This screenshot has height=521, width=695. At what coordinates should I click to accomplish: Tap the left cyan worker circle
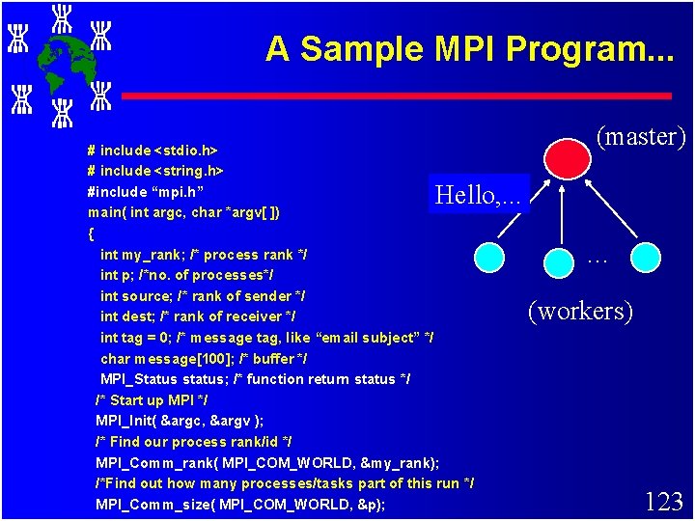(490, 257)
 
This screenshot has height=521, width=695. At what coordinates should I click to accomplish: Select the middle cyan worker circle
(561, 261)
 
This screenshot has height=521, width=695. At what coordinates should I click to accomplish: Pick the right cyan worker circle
(646, 257)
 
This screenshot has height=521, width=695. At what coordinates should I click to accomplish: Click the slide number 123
(663, 502)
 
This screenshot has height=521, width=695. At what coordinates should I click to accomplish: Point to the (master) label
(641, 137)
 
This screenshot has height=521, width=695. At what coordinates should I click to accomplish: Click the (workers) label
(580, 311)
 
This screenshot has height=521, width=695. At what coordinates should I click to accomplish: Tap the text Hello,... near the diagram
(478, 196)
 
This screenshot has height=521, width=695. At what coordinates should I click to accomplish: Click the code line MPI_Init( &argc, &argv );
(180, 421)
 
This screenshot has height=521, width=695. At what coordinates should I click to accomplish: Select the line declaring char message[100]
(204, 358)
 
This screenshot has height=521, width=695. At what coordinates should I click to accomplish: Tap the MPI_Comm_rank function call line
(267, 462)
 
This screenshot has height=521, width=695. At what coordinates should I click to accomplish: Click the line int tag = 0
(266, 338)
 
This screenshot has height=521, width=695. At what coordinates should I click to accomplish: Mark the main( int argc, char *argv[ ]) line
(184, 212)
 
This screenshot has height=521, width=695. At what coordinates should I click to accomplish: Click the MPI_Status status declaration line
(256, 379)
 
